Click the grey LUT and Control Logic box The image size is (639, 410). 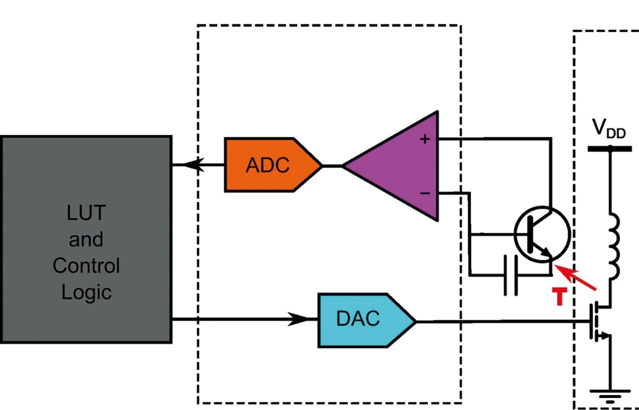coord(86,239)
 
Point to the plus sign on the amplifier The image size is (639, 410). coord(425,139)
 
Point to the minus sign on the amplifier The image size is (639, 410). coord(425,193)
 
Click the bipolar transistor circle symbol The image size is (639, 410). coord(542,234)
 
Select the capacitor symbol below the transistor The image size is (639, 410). coord(510,275)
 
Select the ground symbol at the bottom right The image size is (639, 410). coord(610,397)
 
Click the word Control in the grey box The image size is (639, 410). coord(86,265)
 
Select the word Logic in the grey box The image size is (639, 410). coord(86,292)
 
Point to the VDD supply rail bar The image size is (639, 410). coord(610,149)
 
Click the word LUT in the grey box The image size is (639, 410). coord(86,213)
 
